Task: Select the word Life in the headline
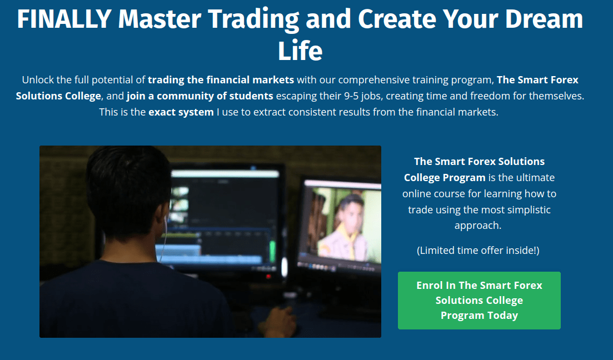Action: pyautogui.click(x=300, y=51)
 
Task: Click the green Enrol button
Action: pyautogui.click(x=479, y=300)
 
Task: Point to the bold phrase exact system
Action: pyautogui.click(x=181, y=112)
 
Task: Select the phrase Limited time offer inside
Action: pyautogui.click(x=478, y=251)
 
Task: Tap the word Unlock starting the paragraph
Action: pyautogui.click(x=38, y=80)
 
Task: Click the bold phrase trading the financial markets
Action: pyautogui.click(x=221, y=80)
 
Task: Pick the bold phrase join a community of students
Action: pyautogui.click(x=200, y=96)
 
